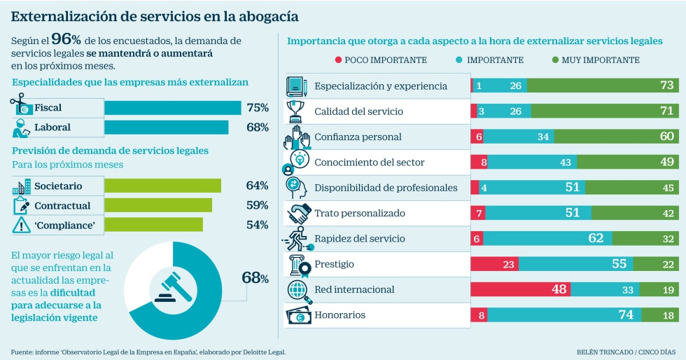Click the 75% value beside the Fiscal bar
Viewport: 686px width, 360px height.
point(258,107)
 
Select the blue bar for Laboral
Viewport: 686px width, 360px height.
point(166,127)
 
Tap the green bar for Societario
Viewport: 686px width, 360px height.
point(162,186)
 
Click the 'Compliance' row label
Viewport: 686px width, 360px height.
point(64,225)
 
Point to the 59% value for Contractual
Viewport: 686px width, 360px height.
point(258,205)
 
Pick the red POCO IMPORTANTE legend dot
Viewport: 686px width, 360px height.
point(338,60)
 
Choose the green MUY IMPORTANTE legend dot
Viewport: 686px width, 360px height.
point(555,60)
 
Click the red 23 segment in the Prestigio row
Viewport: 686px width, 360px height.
point(495,264)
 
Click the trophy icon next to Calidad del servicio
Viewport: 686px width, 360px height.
point(295,111)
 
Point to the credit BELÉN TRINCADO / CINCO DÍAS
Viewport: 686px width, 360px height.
point(625,352)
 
